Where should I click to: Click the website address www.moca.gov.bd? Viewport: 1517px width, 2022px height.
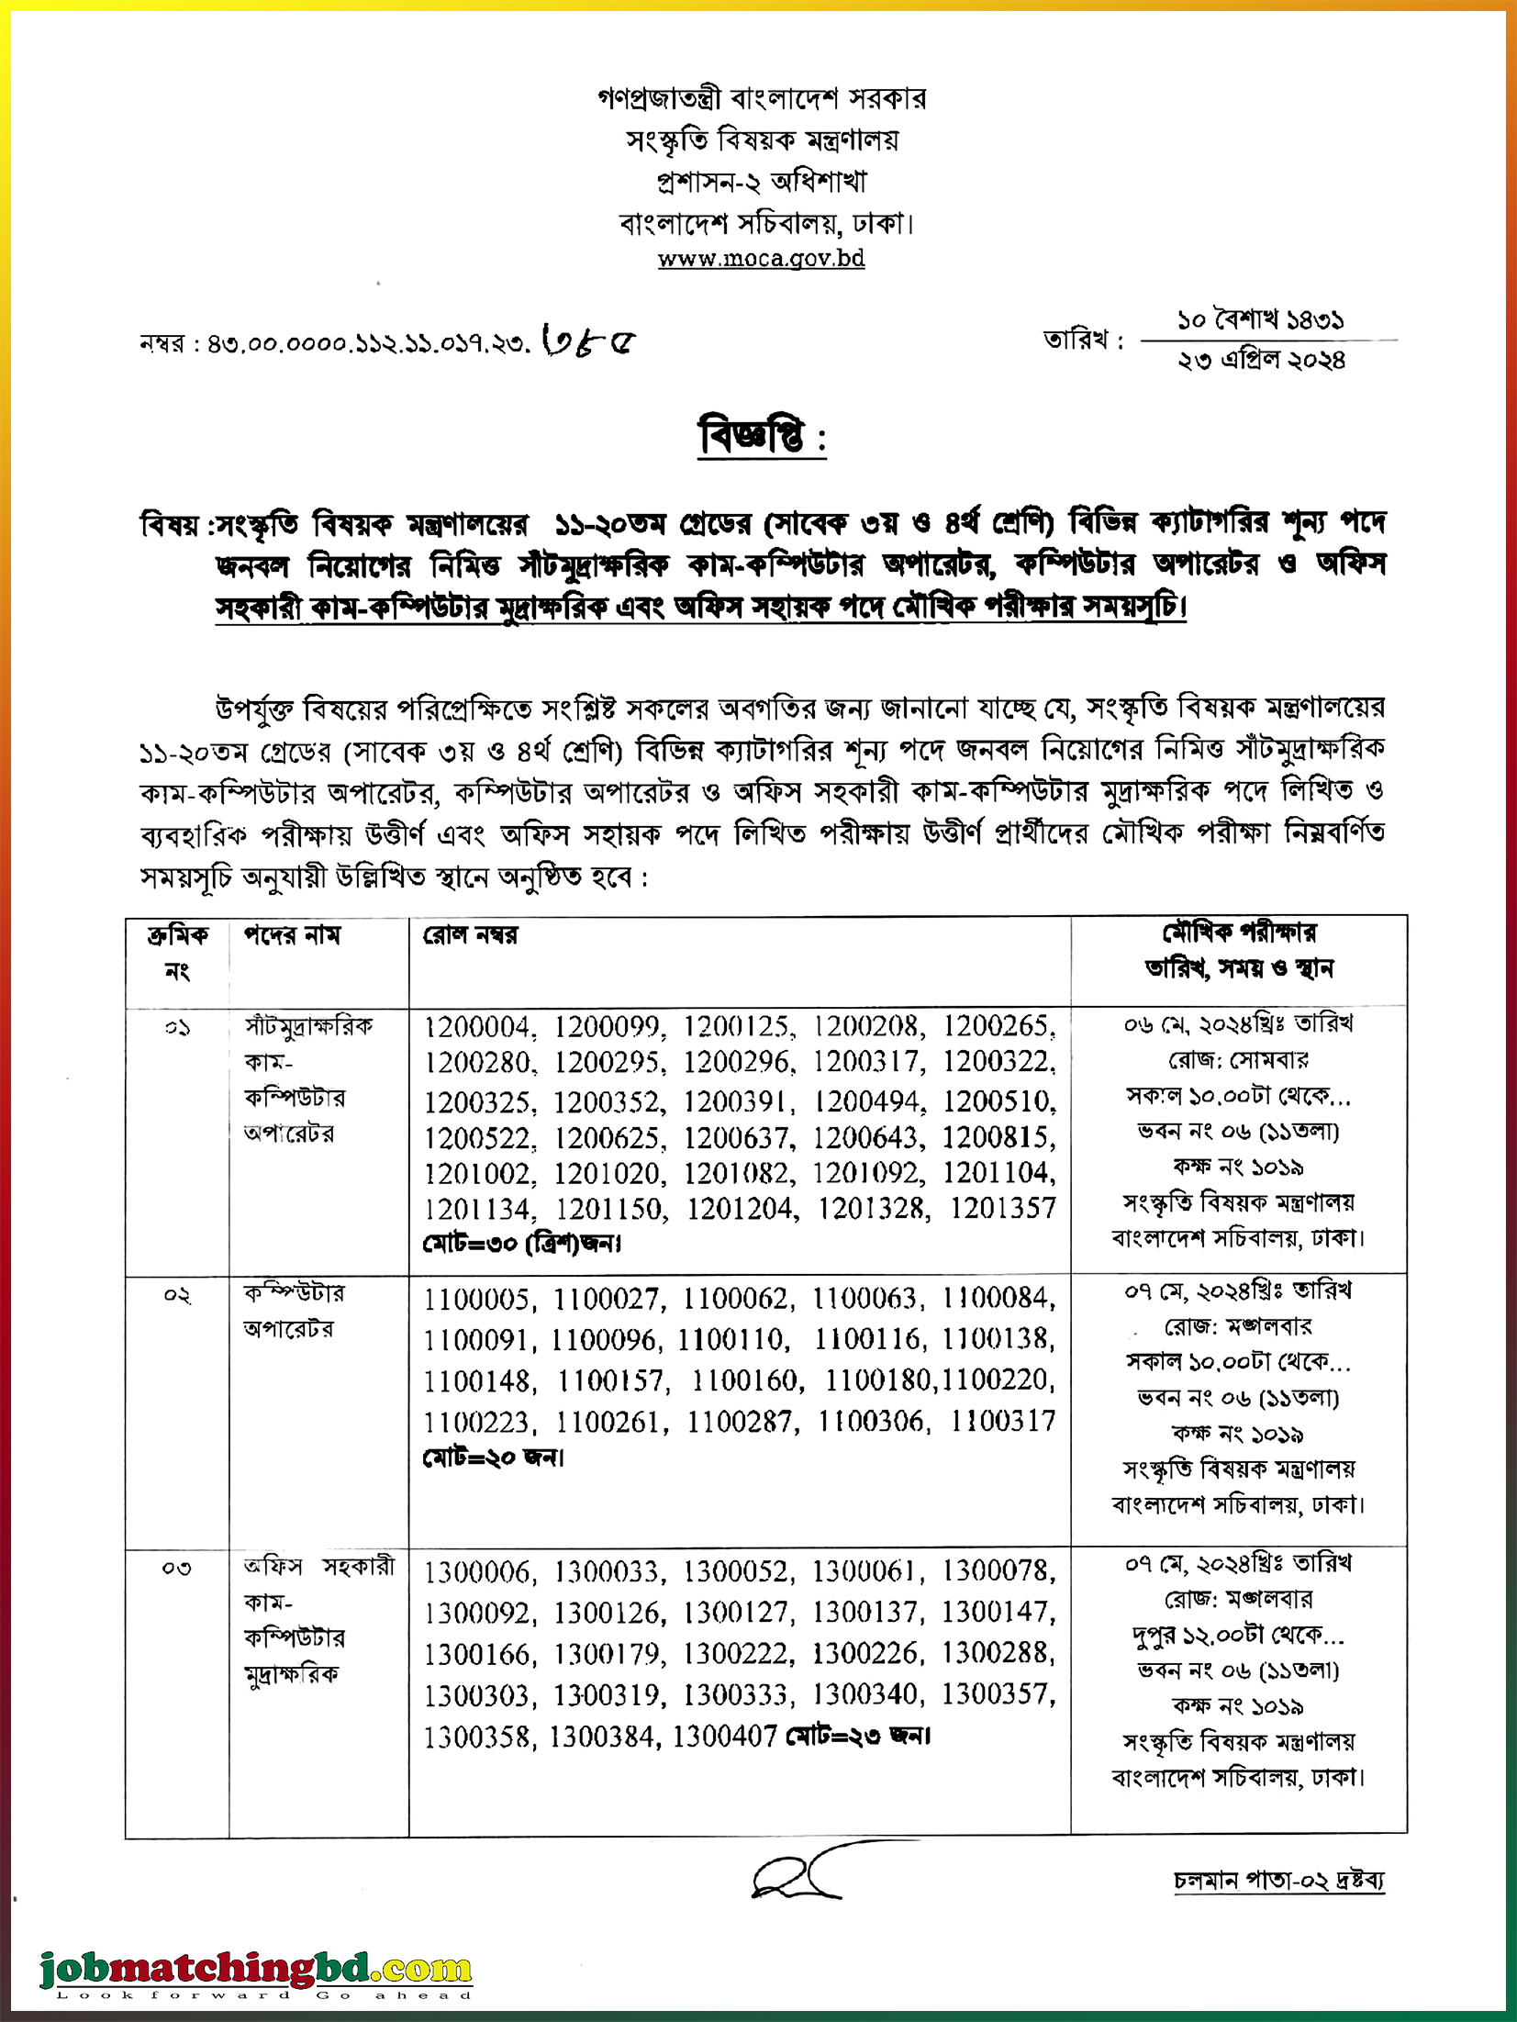761,259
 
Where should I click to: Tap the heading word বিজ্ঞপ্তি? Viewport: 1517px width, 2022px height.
752,437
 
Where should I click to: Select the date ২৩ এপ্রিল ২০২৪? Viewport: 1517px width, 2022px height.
1262,361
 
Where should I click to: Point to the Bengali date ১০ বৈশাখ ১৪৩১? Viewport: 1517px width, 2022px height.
1261,320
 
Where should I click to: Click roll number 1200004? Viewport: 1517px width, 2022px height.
477,1026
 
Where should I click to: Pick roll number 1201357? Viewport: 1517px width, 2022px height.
1003,1208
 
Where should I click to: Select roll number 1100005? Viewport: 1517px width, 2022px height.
476,1299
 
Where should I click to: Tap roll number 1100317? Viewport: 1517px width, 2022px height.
1003,1422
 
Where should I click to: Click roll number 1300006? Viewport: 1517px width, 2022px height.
476,1572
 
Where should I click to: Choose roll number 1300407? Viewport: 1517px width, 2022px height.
725,1737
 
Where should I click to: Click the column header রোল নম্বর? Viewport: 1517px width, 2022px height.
470,935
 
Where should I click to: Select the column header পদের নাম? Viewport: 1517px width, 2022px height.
292,935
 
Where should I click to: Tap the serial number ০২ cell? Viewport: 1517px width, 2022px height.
177,1296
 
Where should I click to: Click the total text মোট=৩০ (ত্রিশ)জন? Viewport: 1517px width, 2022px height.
521,1244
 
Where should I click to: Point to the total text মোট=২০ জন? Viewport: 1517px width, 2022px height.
493,1457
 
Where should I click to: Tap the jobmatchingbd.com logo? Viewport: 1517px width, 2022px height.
256,1967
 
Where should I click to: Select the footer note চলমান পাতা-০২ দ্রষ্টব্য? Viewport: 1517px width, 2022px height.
1278,1880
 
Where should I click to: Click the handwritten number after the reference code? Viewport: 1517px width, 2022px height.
589,341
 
